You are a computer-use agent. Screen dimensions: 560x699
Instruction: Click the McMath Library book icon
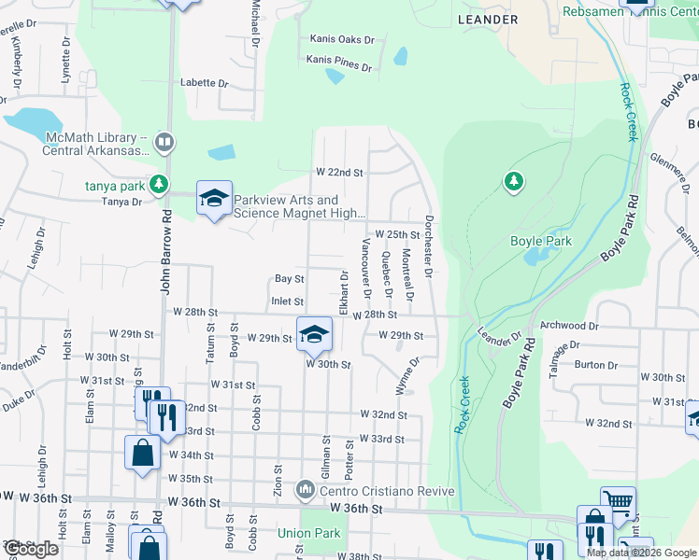point(164,142)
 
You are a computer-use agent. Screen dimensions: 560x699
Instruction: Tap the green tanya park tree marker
point(160,184)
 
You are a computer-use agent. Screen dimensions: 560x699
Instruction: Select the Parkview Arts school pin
point(214,199)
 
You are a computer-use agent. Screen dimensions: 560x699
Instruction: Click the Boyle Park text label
point(540,241)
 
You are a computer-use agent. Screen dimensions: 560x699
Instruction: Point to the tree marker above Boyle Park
point(513,181)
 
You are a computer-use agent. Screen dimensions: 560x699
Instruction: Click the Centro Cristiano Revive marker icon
point(305,490)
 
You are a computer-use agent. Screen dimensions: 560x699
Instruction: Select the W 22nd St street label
point(338,173)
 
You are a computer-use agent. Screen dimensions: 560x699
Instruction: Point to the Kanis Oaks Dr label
point(341,40)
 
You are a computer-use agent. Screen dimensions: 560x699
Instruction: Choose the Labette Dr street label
point(205,82)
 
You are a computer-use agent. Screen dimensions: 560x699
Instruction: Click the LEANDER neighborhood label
point(487,20)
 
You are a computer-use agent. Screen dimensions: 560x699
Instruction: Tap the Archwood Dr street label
point(568,326)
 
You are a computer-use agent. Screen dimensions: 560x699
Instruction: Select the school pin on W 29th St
point(314,332)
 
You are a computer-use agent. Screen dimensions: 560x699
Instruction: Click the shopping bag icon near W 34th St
point(142,453)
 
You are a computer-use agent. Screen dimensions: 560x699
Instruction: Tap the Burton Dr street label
point(591,365)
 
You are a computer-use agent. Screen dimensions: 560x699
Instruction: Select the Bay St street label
point(290,279)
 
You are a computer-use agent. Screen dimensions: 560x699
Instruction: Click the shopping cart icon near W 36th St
point(618,502)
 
